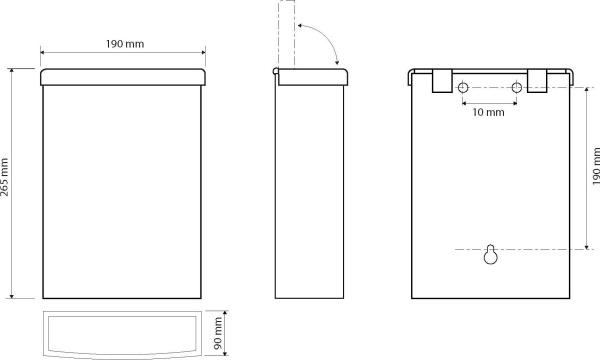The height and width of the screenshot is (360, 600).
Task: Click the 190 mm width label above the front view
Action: click(125, 44)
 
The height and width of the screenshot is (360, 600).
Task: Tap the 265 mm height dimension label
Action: click(5, 177)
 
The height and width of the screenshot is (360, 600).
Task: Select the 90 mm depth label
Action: click(218, 333)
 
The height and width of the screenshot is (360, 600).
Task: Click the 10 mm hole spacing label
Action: click(488, 112)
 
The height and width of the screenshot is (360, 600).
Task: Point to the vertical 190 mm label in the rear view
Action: click(596, 166)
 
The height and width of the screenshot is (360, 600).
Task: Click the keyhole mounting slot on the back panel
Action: click(491, 254)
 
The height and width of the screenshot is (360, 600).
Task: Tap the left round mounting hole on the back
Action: click(463, 88)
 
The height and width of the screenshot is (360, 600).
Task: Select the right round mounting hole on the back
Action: click(517, 88)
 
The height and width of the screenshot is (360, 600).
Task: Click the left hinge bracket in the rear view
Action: click(442, 81)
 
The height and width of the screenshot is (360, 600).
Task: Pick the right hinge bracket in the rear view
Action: click(537, 81)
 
